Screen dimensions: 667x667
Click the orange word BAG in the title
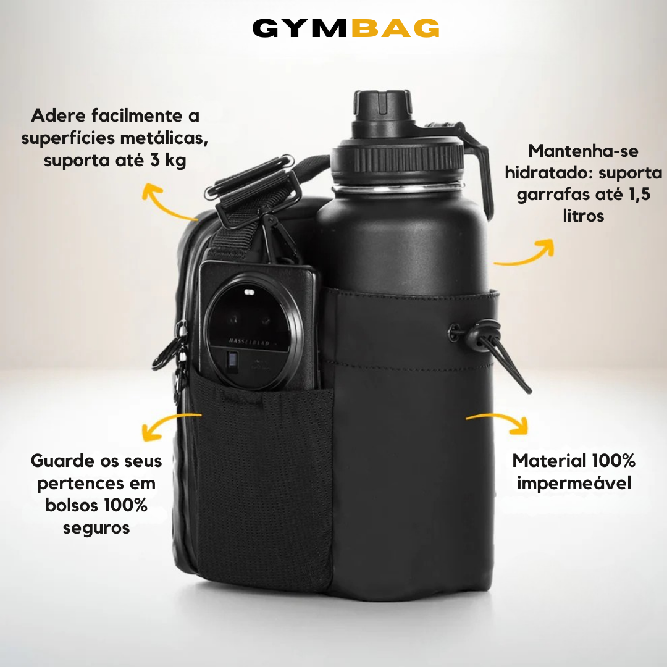pos(396,28)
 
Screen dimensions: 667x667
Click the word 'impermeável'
pos(574,483)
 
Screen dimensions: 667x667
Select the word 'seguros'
pos(96,528)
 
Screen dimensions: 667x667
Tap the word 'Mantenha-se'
pos(583,151)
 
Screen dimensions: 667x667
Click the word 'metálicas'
pos(164,138)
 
